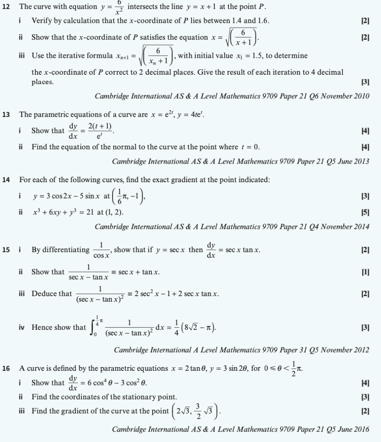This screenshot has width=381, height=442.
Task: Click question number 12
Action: [x=6, y=7]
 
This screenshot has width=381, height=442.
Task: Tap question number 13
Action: [x=6, y=114]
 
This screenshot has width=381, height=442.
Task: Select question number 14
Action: [x=6, y=180]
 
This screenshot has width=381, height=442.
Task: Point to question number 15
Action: [x=6, y=250]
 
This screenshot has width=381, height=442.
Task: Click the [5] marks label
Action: [x=365, y=213]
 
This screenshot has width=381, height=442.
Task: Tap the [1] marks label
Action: [x=365, y=272]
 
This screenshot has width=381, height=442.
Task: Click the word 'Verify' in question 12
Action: [x=41, y=21]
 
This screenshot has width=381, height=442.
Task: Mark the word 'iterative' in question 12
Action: [x=73, y=56]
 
